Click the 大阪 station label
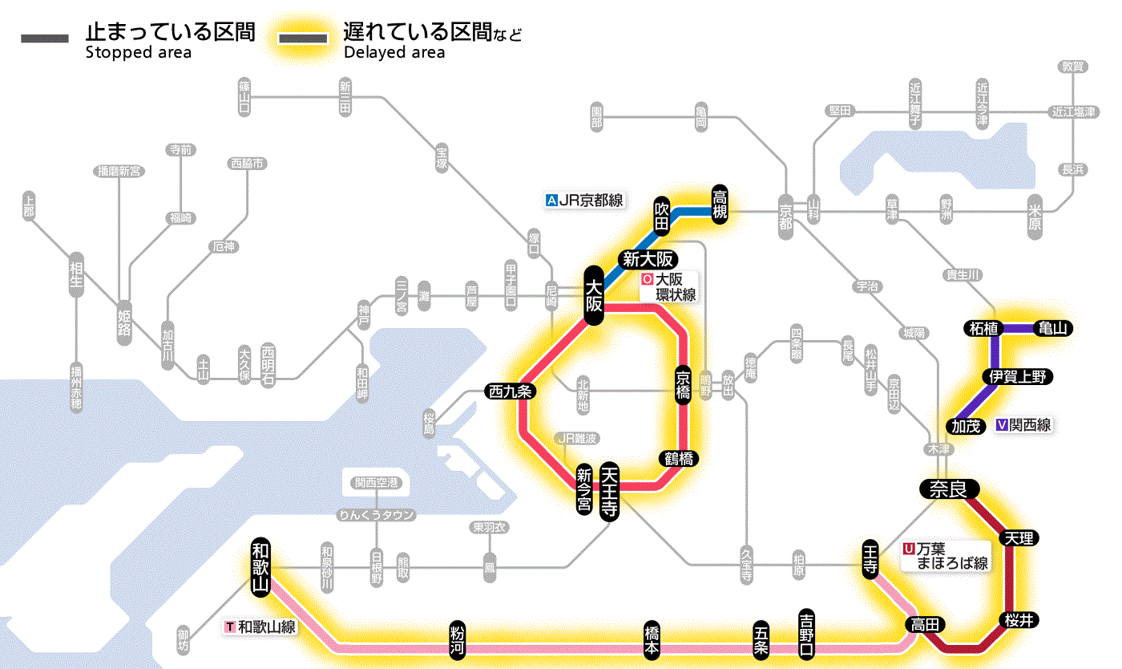593,295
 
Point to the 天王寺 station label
610,492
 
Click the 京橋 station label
683,387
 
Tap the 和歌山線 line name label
261,626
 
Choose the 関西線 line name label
1023,425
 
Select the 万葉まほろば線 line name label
946,556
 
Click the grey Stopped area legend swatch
46,39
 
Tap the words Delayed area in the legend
394,53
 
